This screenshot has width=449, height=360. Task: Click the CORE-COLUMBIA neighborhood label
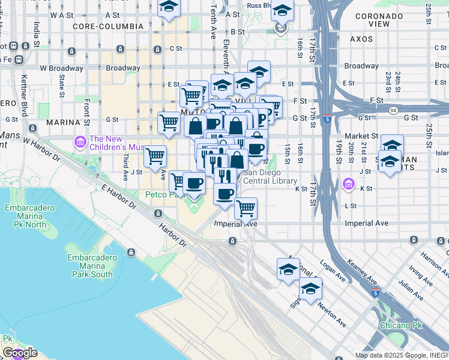point(108,26)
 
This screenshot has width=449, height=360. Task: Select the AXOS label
point(361,38)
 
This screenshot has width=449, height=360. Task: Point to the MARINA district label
point(63,122)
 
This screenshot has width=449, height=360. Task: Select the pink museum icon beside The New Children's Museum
point(80,142)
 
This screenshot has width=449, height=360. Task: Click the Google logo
point(19,353)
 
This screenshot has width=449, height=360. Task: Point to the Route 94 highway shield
point(393,110)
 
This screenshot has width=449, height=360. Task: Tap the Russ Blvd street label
point(259,5)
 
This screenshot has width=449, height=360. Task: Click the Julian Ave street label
point(411,291)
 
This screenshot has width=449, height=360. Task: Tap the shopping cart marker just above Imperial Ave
point(245,209)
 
